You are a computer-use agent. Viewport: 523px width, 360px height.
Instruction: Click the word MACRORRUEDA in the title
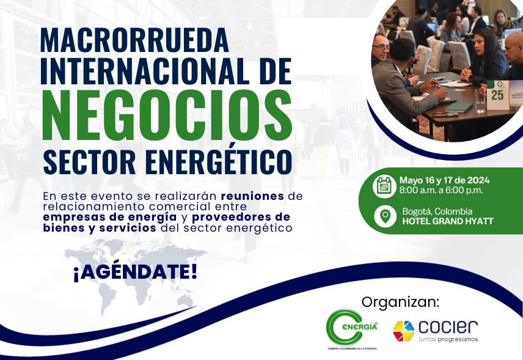[x=134, y=40]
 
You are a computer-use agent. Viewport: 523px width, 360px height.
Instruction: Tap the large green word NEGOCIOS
[x=167, y=115]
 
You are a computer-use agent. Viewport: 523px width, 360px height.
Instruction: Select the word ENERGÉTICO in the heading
[x=219, y=162]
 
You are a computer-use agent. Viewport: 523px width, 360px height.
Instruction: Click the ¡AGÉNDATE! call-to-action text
[x=135, y=272]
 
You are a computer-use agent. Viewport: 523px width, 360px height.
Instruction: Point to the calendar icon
[x=384, y=185]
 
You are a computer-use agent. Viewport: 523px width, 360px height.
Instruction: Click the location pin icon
[x=386, y=216]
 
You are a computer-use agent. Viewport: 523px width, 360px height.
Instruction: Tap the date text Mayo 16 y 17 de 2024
[x=444, y=180]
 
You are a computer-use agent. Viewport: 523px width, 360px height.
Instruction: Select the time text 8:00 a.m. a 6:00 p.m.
[x=441, y=191]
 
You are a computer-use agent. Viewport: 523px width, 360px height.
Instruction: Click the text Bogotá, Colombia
[x=437, y=211]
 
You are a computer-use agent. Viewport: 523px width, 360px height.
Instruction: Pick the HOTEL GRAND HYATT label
[x=448, y=221]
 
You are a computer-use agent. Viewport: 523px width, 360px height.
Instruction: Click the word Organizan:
[x=400, y=303]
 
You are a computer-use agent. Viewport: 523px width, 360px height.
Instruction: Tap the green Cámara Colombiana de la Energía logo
[x=352, y=329]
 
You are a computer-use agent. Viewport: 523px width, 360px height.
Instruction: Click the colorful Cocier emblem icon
[x=404, y=331]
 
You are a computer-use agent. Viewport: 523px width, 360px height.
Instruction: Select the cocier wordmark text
[x=448, y=327]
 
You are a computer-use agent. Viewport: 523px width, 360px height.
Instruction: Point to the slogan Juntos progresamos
[x=448, y=340]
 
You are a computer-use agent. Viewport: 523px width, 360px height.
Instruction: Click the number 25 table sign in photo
[x=498, y=95]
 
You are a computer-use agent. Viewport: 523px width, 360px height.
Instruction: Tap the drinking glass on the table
[x=480, y=101]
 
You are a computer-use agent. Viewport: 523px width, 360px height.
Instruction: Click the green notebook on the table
[x=459, y=108]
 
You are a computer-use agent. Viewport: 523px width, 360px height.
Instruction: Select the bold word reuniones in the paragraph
[x=252, y=196]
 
